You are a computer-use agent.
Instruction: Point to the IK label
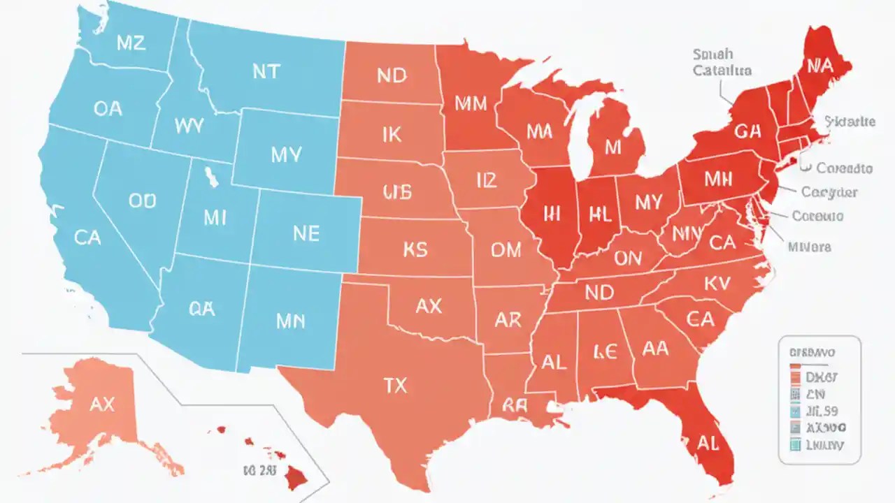[392, 133]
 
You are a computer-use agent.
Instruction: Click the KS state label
[415, 249]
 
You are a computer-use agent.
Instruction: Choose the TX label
[396, 385]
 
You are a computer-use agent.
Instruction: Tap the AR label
[508, 319]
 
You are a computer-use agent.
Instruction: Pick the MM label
[471, 103]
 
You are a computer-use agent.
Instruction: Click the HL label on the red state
[599, 214]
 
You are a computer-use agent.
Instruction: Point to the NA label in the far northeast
[819, 66]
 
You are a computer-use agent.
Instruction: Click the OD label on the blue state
[143, 201]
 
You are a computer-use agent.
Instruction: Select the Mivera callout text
[809, 247]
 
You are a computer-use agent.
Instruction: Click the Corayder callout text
[829, 191]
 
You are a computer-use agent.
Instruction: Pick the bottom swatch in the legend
[795, 444]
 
